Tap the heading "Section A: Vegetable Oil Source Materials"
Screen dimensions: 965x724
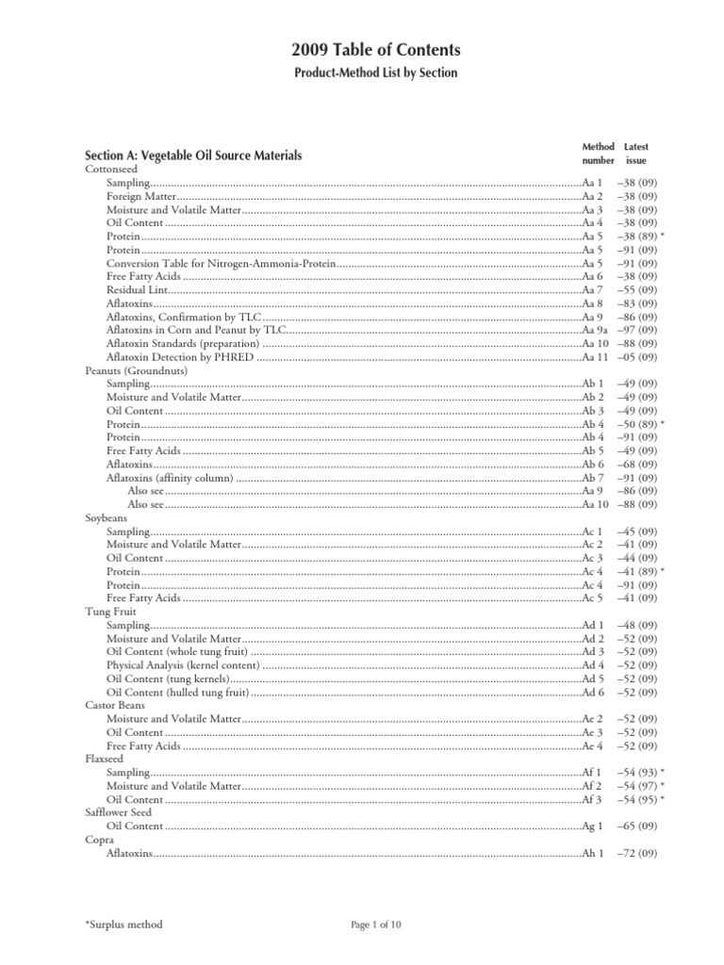[193, 155]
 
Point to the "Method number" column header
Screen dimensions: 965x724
[598, 154]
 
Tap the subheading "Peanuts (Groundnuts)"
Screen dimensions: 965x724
[136, 370]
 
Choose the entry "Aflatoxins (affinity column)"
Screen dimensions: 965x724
[170, 479]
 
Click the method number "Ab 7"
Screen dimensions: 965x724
[592, 479]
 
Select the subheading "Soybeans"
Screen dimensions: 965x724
[106, 518]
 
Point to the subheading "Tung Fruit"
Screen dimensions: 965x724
[109, 611]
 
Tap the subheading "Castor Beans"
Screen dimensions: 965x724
[114, 704]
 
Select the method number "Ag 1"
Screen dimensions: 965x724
[592, 826]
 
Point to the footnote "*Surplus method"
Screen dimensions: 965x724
[123, 924]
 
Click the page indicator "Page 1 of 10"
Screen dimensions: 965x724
[375, 924]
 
